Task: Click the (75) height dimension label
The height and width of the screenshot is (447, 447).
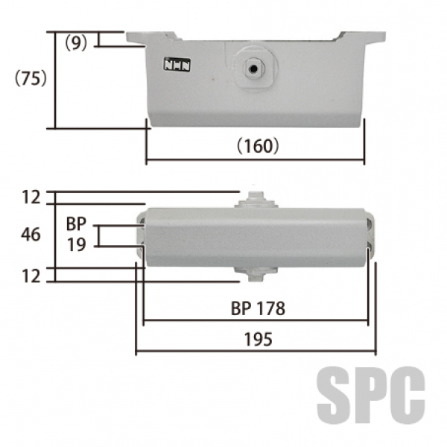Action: click(x=31, y=77)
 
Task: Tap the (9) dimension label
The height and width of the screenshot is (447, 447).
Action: click(x=76, y=43)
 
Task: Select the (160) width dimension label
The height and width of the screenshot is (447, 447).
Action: click(x=258, y=146)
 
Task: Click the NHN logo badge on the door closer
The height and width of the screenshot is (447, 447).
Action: click(x=177, y=64)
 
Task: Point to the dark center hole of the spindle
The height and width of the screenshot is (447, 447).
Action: click(x=253, y=69)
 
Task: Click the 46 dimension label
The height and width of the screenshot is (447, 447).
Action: click(x=31, y=235)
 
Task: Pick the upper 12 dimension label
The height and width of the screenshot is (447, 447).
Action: click(x=31, y=197)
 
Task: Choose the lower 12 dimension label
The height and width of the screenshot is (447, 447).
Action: click(x=31, y=276)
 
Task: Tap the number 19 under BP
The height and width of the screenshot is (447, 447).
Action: click(x=77, y=244)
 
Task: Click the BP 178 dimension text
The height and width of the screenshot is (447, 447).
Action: click(x=258, y=308)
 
